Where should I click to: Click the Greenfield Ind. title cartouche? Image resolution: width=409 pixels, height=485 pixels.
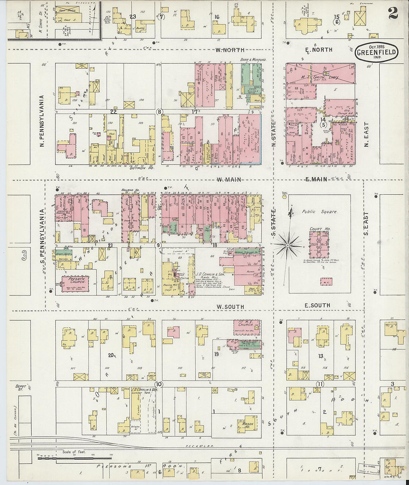click(x=376, y=51)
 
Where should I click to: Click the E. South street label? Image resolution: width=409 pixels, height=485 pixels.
click(x=317, y=305)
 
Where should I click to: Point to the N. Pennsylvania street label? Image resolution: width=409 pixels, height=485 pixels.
click(x=42, y=121)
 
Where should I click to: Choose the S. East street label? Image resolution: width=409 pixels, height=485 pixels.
click(x=366, y=224)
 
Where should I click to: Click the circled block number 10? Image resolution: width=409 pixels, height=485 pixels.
click(x=159, y=384)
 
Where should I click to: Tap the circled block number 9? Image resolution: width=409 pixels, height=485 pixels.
click(x=159, y=245)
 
